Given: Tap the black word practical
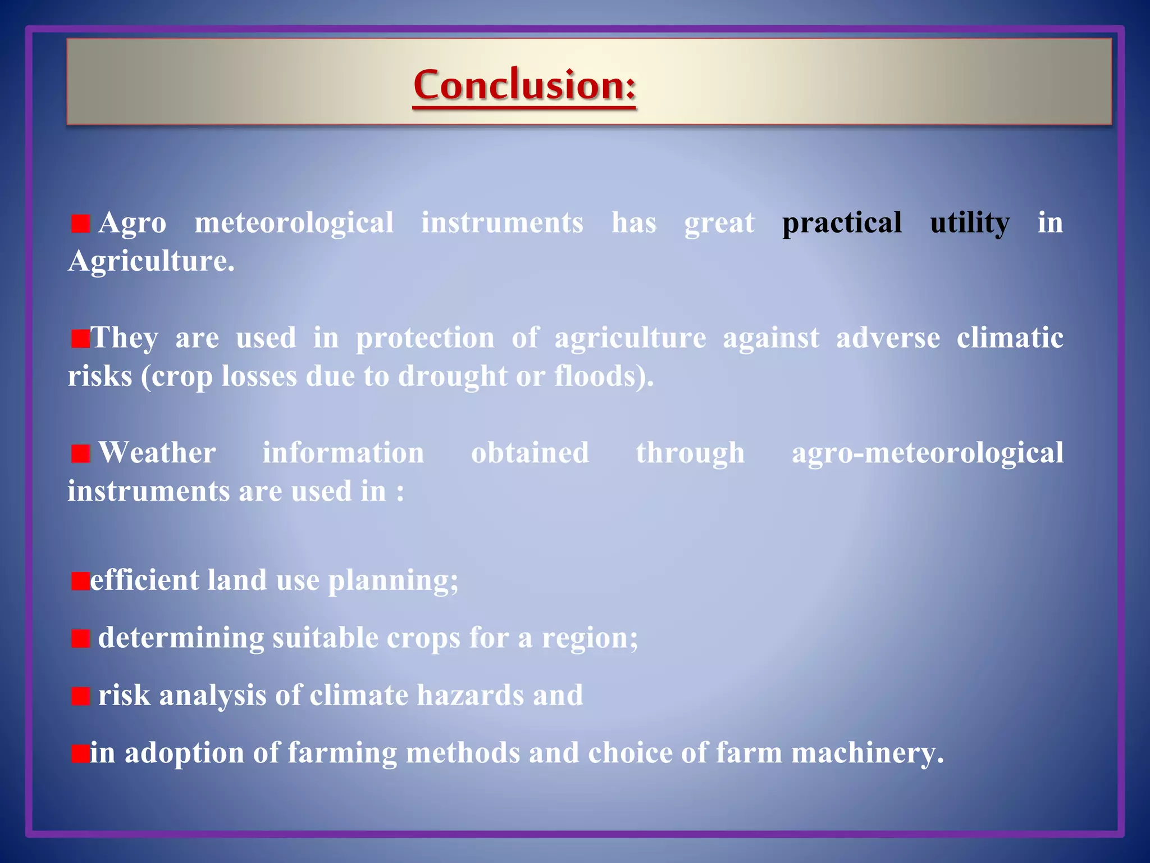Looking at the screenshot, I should pos(842,223).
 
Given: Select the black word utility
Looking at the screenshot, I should pos(970,223).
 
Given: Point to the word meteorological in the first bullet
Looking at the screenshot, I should pos(294,223).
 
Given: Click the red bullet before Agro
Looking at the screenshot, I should pos(80,224).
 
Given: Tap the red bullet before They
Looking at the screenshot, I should pos(80,339).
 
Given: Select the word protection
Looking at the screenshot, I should pos(425,339).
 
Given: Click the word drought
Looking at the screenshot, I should pos(453,376).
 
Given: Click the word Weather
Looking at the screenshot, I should pos(157,453).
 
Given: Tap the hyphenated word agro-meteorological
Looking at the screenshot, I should pos(927,453).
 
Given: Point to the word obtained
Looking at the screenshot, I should pos(530,453).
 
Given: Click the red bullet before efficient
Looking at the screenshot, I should pos(80,581).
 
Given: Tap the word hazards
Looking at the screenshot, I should pos(470,696).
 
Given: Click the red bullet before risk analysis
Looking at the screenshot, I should pos(80,696).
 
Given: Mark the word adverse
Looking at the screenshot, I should pos(888,339).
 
